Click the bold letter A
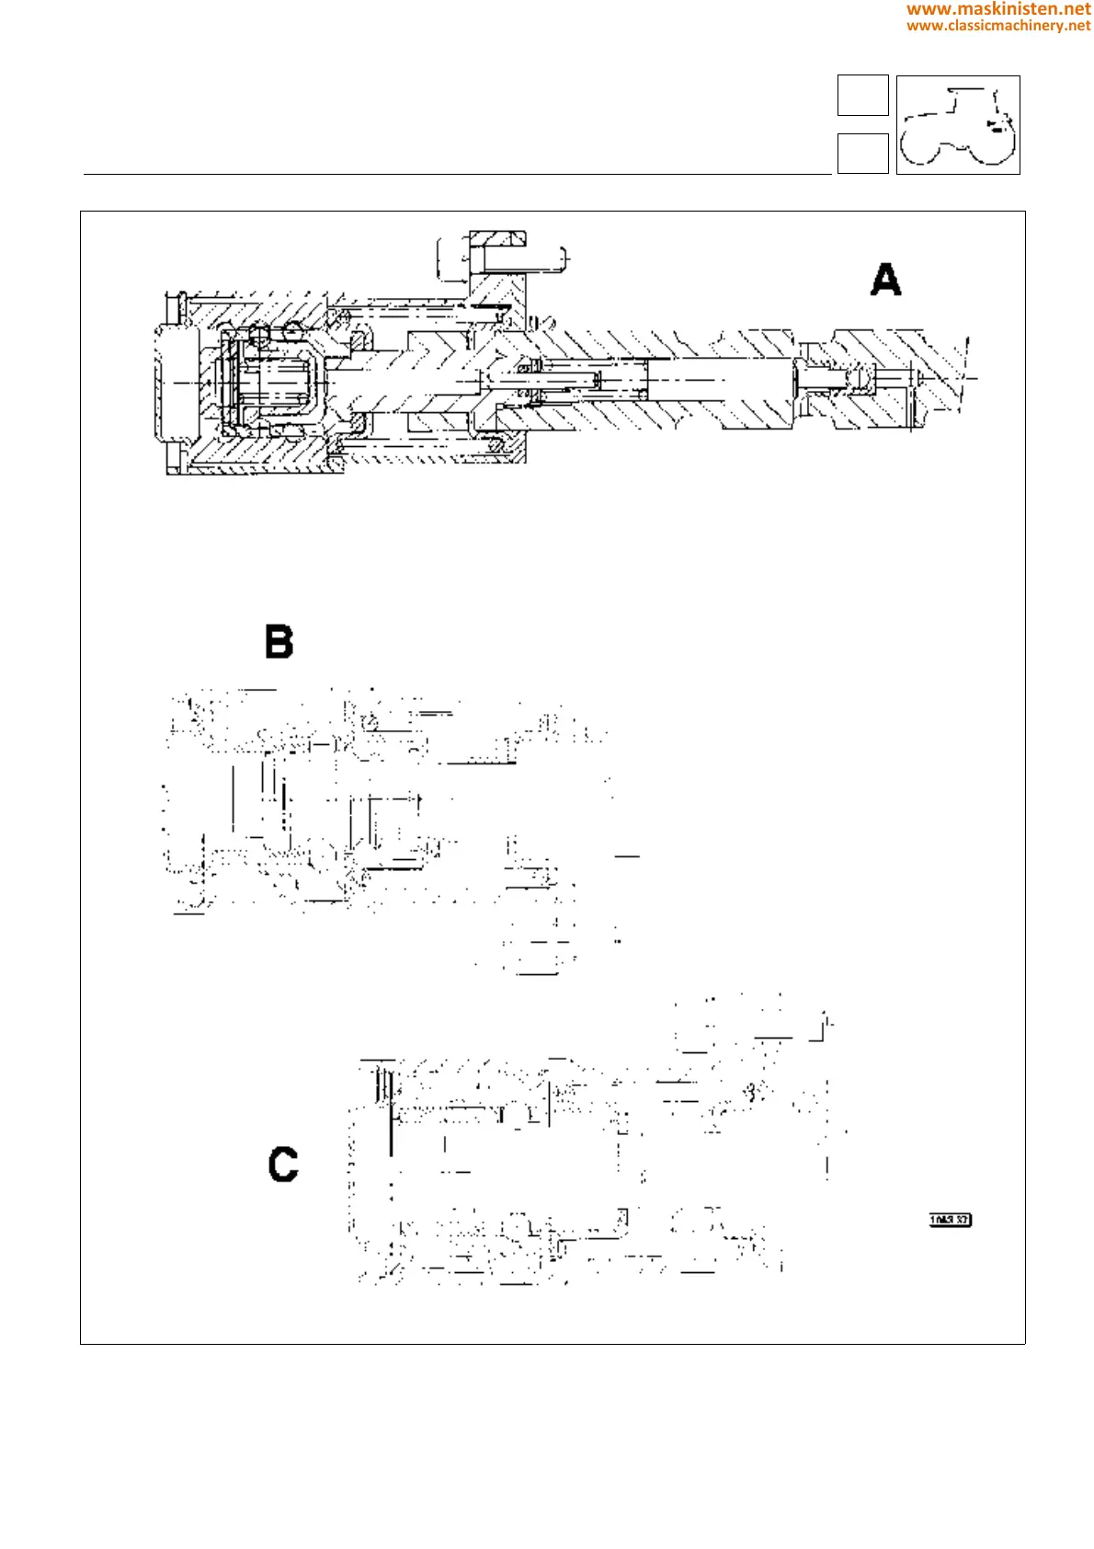(x=885, y=280)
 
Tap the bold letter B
(x=279, y=641)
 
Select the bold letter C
(x=283, y=1164)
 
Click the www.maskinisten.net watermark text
(x=998, y=9)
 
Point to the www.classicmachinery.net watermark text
(x=998, y=26)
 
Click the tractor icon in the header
(x=958, y=125)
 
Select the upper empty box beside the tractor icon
(x=862, y=96)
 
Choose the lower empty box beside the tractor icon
(x=862, y=154)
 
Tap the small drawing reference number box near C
(x=950, y=1220)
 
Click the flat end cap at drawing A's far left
(x=175, y=383)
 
